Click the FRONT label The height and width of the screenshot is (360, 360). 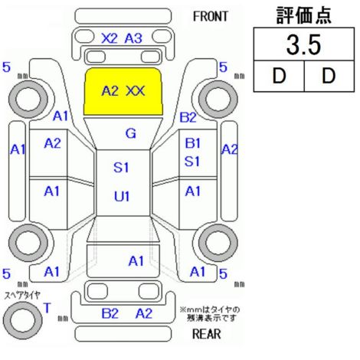210,17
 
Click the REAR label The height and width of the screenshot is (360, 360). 206,334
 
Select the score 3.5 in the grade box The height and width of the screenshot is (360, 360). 303,44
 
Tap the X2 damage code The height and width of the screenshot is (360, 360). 110,38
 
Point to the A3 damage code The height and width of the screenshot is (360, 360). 133,38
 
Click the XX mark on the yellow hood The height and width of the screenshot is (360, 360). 136,91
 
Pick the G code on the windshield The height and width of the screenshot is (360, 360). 131,133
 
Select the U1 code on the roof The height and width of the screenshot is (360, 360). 122,197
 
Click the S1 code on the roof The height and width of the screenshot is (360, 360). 121,168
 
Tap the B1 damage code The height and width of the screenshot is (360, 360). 193,143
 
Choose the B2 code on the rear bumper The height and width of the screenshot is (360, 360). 110,313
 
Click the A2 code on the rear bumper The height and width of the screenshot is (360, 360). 144,313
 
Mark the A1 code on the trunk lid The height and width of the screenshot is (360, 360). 136,261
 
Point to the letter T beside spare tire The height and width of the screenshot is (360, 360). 47,308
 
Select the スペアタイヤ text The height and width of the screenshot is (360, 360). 22,296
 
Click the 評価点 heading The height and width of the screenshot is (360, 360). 304,15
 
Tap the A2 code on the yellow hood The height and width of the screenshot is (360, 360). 110,91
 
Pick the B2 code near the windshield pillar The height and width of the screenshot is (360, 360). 188,117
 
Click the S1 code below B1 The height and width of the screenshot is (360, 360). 192,162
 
